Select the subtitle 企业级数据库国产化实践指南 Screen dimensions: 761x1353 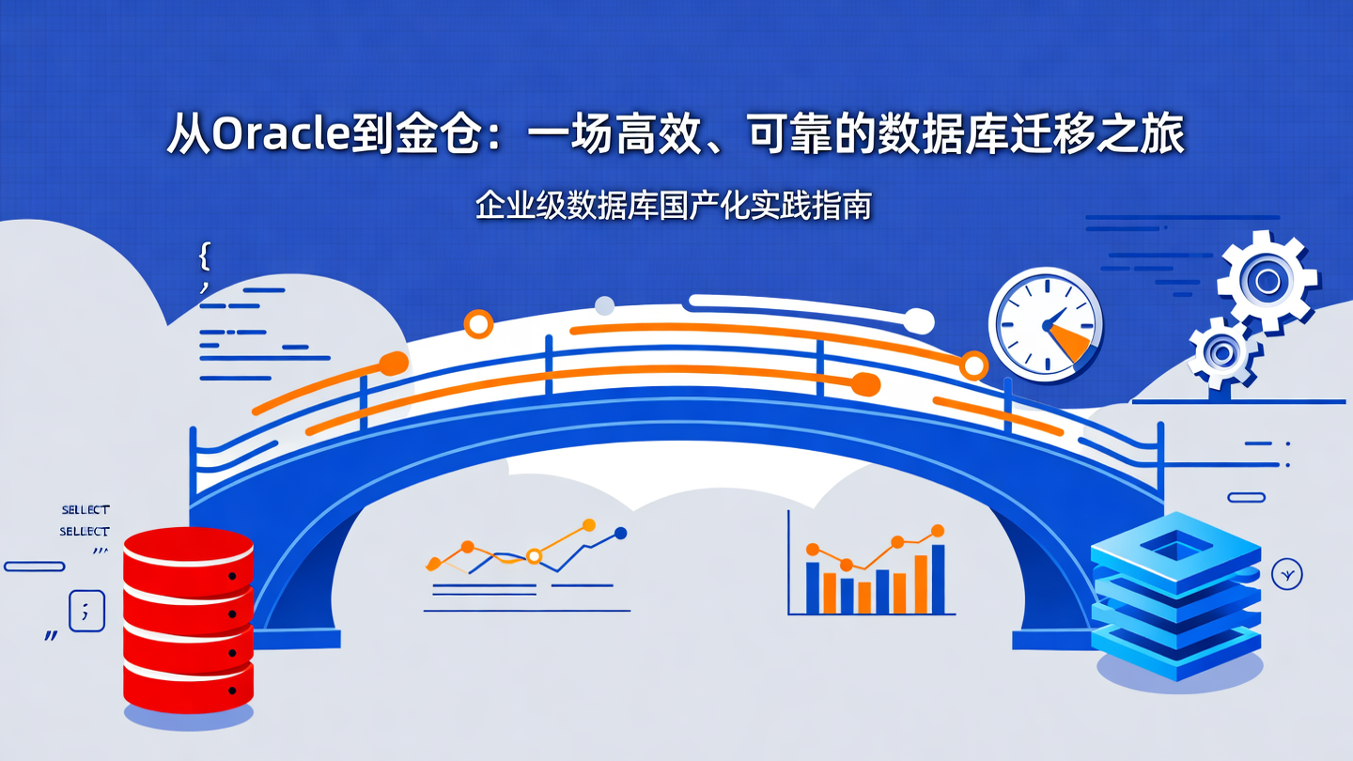(674, 206)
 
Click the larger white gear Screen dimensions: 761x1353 (1267, 281)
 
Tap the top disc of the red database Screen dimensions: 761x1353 (188, 544)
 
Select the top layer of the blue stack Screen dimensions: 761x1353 (1174, 545)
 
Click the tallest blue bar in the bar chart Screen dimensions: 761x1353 (938, 578)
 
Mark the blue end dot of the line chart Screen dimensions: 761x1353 (619, 534)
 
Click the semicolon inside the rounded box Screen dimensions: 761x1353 (86, 611)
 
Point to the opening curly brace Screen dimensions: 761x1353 (205, 255)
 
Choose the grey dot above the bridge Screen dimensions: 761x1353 (605, 305)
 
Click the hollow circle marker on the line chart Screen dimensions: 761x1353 (534, 556)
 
